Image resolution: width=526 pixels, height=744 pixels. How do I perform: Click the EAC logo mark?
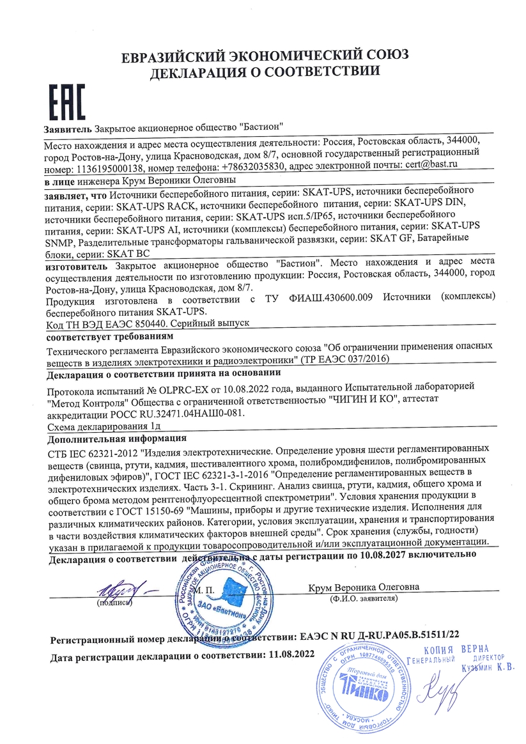(x=65, y=100)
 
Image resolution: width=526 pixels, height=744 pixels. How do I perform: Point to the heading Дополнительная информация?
(x=118, y=438)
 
